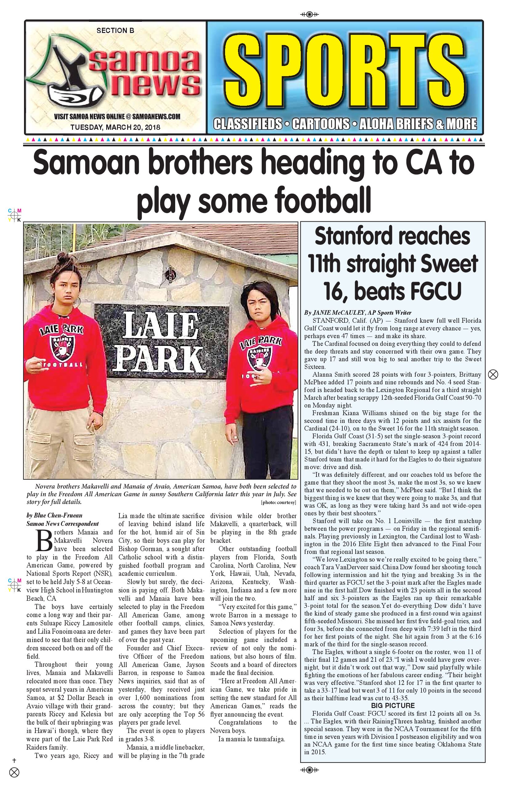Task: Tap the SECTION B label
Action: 115,31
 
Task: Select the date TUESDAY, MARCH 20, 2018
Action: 115,127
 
